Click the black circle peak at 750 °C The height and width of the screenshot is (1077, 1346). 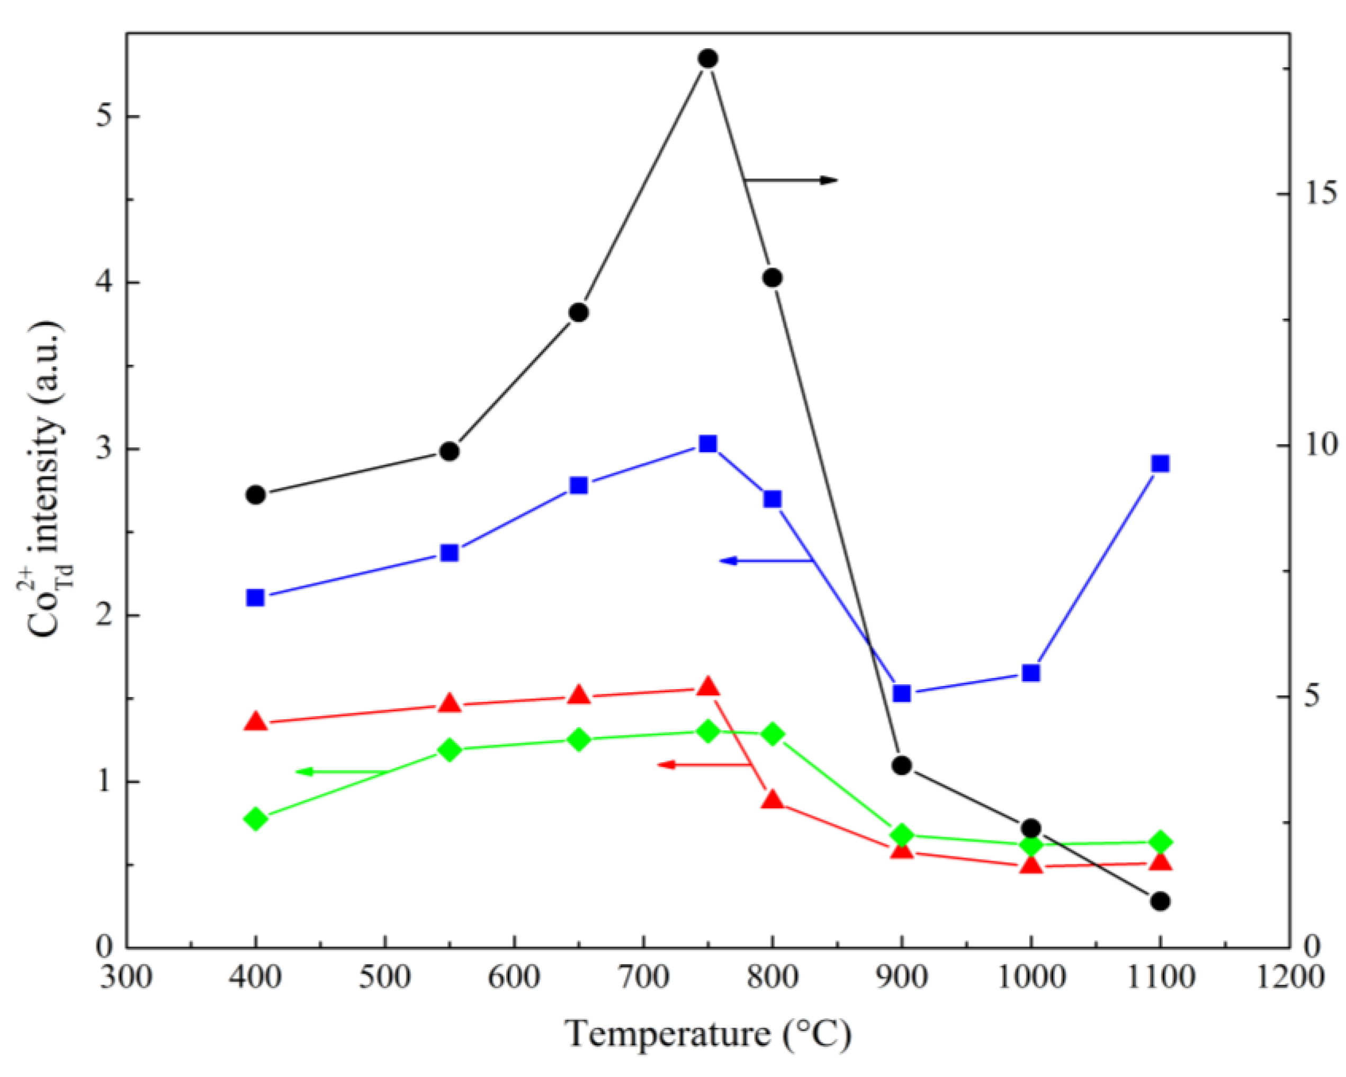point(707,59)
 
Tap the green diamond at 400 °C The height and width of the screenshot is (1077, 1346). point(255,819)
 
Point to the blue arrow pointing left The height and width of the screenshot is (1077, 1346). point(765,561)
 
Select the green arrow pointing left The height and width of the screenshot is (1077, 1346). point(340,772)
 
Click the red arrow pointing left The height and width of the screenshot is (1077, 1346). point(702,764)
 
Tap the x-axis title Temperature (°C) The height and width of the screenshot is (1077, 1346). point(707,1034)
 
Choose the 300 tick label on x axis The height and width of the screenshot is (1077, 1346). point(126,976)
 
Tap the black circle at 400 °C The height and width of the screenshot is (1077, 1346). point(255,495)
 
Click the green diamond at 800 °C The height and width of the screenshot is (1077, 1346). point(772,734)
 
